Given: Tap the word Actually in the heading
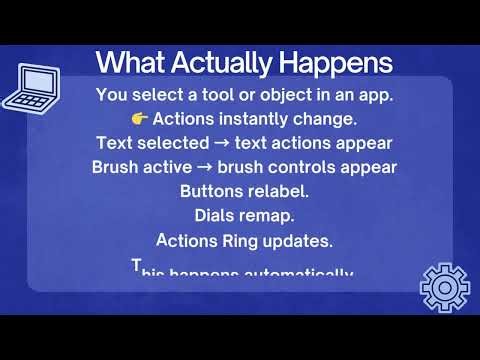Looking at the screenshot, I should pyautogui.click(x=230, y=63).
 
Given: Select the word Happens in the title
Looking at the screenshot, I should pyautogui.click(x=336, y=63).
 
